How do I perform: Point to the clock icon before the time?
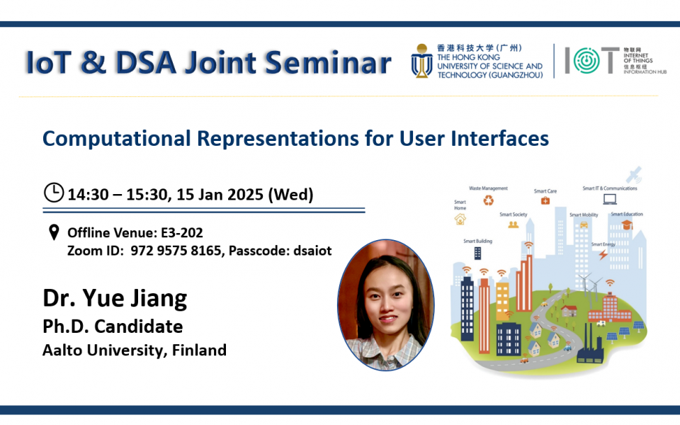[54, 193]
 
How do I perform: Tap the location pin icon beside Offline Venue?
[53, 233]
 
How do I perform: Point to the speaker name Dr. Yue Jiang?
[115, 298]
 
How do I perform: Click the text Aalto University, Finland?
[135, 349]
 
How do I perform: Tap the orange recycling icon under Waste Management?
[488, 200]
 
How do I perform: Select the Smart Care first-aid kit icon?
[545, 200]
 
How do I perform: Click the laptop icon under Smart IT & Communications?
[609, 199]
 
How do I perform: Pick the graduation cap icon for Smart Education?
[626, 225]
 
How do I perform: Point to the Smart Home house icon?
[460, 220]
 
